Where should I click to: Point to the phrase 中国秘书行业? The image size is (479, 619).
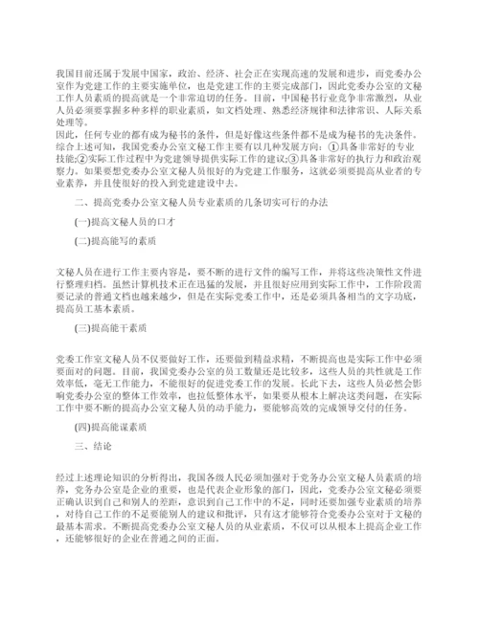coord(294,98)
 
